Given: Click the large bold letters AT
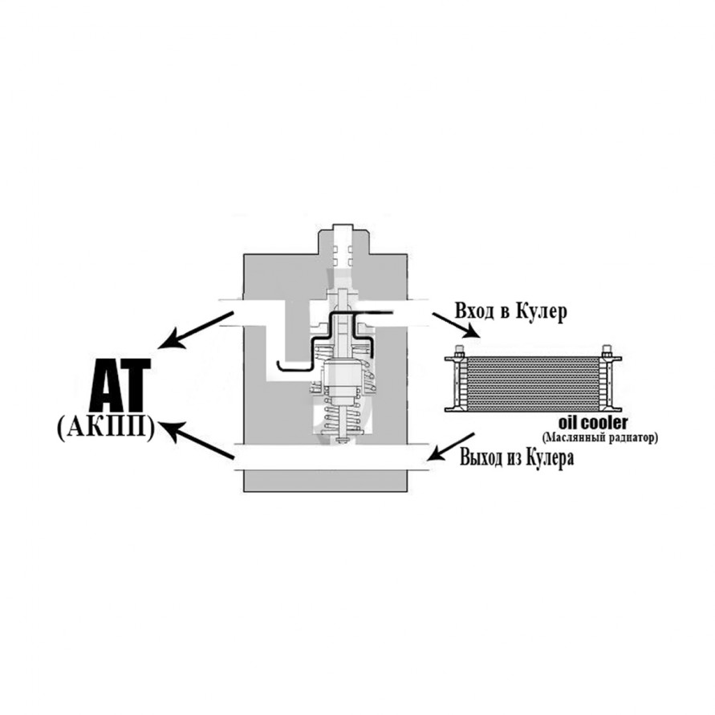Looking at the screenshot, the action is pos(120,385).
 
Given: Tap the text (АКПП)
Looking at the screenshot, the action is pos(105,429).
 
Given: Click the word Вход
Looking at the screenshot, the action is pos(474,312).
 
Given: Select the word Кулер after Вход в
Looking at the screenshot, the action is pos(542,313).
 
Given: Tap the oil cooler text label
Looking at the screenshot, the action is pos(593,423).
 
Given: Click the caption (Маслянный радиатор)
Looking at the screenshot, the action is pos(599,438).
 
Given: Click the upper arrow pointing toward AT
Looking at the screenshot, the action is pos(195,330).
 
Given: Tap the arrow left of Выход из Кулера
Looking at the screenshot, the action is pos(453,446).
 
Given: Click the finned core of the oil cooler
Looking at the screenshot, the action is pos(534,384).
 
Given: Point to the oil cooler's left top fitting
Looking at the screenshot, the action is pos(459,351).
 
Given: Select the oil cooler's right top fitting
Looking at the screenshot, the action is pos(607,351).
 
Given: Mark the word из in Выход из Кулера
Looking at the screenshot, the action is pos(514,458).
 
